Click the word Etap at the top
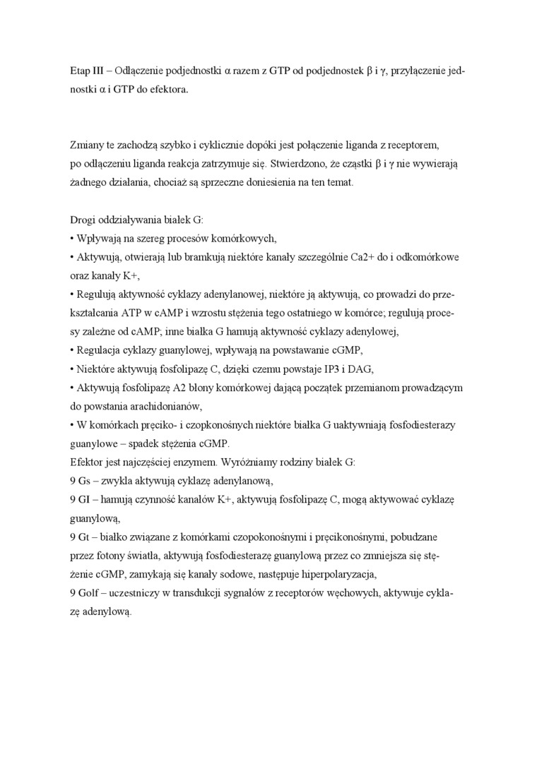pos(81,72)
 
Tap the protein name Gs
pos(86,479)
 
